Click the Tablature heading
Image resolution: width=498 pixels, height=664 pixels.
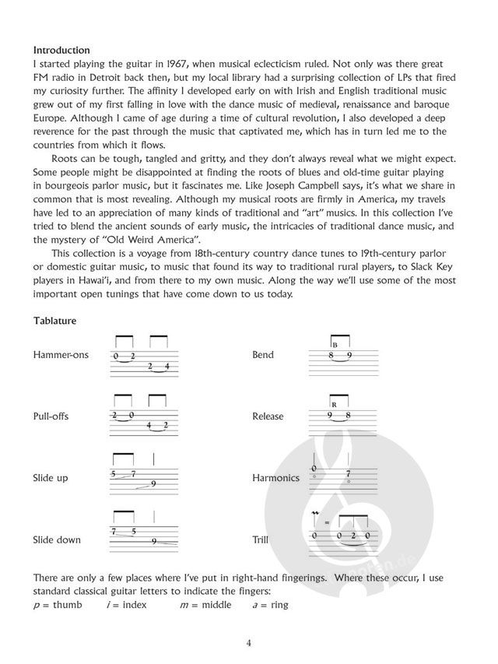56,321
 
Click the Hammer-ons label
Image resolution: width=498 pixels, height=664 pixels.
61,355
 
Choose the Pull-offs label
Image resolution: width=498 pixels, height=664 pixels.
51,416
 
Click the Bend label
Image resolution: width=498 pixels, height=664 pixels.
263,355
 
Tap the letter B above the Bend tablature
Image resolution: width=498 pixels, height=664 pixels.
333,343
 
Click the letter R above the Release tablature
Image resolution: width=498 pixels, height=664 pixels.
333,405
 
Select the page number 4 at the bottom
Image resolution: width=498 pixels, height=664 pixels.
249,643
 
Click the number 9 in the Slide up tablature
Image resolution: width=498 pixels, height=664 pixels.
153,484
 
